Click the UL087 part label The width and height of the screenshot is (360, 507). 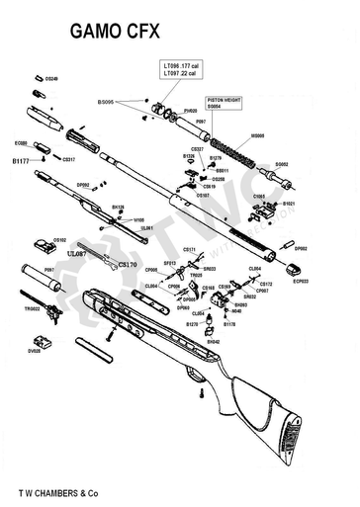pos(76,254)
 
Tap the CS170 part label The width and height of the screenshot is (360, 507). pos(128,265)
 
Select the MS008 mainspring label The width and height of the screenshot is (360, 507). pos(258,135)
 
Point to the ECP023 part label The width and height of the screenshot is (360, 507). pos(302,281)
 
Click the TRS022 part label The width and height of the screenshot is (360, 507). pos(32,308)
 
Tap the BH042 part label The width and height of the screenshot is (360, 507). pos(213,341)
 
